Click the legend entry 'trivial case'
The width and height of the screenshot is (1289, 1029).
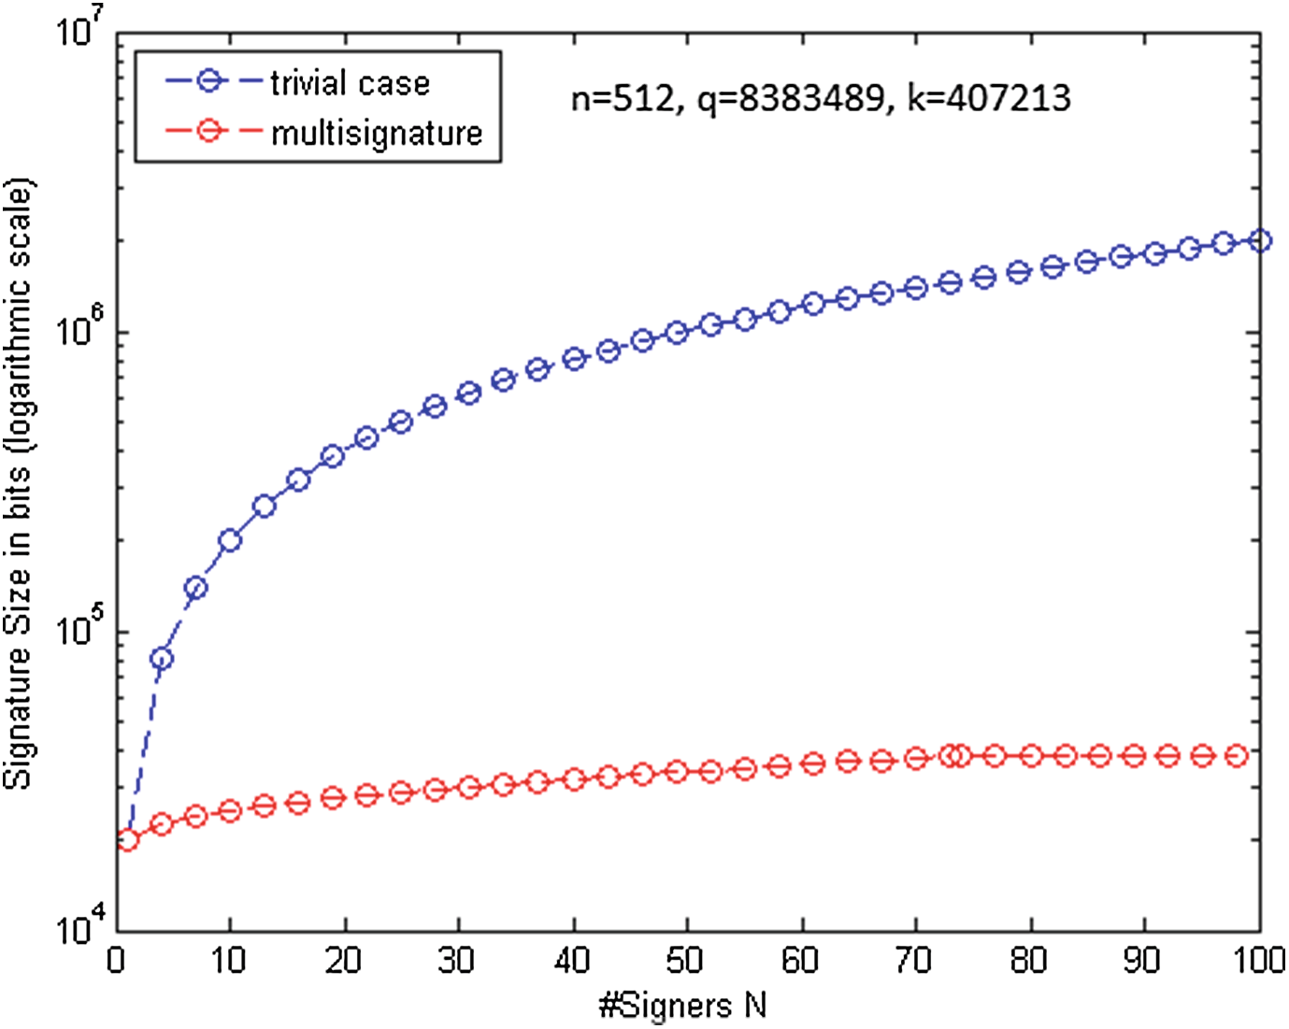click(x=350, y=83)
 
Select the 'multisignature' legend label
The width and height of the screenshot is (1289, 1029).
click(x=376, y=133)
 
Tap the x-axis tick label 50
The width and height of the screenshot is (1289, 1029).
click(x=685, y=961)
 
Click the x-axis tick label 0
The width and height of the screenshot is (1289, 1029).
click(x=116, y=961)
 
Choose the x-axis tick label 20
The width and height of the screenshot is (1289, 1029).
click(x=343, y=961)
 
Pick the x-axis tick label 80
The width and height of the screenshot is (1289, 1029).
click(x=1028, y=961)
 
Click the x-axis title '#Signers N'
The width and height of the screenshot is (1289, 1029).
click(x=683, y=1006)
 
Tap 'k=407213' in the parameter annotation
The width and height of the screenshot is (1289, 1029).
click(x=989, y=97)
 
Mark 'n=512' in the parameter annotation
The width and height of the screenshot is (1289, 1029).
click(x=621, y=97)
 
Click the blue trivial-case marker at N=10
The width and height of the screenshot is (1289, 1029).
click(x=230, y=540)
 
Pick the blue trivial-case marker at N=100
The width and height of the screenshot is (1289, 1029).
click(x=1259, y=241)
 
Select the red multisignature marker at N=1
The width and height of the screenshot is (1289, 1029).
click(x=127, y=839)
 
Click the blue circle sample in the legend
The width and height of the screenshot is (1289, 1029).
click(x=209, y=82)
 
